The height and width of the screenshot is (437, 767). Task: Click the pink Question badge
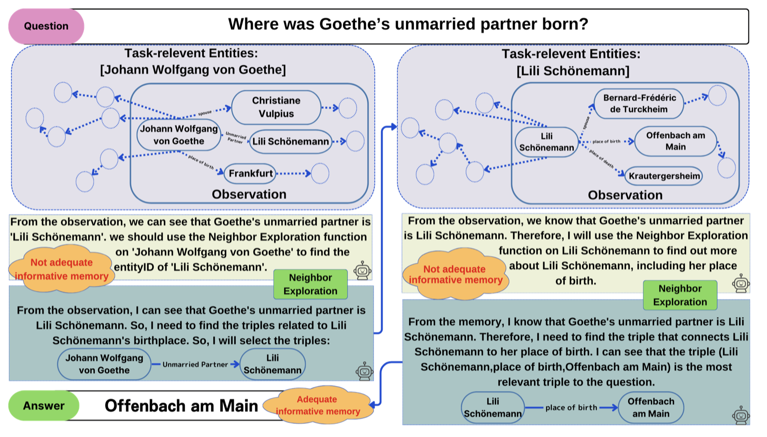pyautogui.click(x=46, y=26)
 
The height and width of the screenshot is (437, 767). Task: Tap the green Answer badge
pyautogui.click(x=44, y=405)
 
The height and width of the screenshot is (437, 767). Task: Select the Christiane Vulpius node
pyautogui.click(x=276, y=107)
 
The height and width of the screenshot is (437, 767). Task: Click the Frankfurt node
pyautogui.click(x=250, y=173)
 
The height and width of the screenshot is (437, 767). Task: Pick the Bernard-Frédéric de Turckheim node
pyautogui.click(x=639, y=103)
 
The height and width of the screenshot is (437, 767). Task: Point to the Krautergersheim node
pyautogui.click(x=664, y=176)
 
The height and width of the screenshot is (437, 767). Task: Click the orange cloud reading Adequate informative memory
pyautogui.click(x=318, y=405)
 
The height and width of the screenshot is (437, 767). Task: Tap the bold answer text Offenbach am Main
pyautogui.click(x=181, y=405)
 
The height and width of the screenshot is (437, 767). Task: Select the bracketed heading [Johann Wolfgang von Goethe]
pyautogui.click(x=193, y=69)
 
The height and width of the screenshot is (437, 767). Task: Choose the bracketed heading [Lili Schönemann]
pyautogui.click(x=573, y=71)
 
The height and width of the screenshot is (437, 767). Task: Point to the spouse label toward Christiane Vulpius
pyautogui.click(x=205, y=113)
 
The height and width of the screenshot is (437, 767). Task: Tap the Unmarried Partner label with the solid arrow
pyautogui.click(x=195, y=364)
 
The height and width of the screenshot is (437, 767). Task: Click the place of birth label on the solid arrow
pyautogui.click(x=571, y=407)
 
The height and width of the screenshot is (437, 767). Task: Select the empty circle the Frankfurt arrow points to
pyautogui.click(x=320, y=173)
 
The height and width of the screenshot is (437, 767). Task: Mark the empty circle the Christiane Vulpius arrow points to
pyautogui.click(x=348, y=108)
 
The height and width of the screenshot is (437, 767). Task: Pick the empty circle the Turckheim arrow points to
pyautogui.click(x=717, y=95)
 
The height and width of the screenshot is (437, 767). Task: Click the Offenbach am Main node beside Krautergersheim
pyautogui.click(x=675, y=141)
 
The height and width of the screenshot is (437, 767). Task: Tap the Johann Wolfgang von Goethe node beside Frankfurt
pyautogui.click(x=179, y=135)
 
